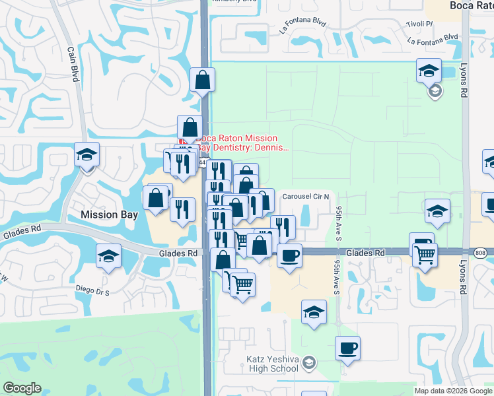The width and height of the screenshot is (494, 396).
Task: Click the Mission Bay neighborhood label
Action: click(x=108, y=214)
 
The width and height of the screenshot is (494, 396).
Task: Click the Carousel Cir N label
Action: click(x=310, y=197)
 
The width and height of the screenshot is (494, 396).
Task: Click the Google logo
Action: click(x=22, y=388)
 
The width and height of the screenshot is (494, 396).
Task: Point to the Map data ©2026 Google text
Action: click(x=453, y=391)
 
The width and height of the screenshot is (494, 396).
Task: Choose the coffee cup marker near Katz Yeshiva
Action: click(x=347, y=348)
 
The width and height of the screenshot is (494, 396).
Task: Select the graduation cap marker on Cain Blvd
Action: click(x=87, y=155)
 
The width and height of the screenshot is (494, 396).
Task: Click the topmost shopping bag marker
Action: click(x=202, y=81)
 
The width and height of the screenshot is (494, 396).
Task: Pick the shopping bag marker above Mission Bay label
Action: click(x=157, y=197)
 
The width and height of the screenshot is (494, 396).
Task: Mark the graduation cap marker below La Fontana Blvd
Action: click(x=429, y=70)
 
